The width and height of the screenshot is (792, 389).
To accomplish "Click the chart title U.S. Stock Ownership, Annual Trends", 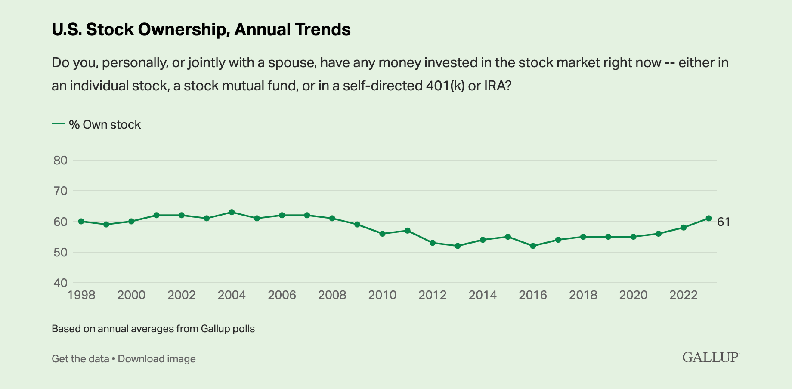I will (201, 30).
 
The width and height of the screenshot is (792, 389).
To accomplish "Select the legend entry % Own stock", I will (105, 125).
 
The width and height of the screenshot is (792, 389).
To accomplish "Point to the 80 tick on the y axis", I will (60, 161).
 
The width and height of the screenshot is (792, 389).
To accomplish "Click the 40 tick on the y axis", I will (60, 283).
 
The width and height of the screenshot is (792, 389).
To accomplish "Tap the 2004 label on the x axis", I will (232, 295).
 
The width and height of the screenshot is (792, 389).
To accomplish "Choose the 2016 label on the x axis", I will (533, 295).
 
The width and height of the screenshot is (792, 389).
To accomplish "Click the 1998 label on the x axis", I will (81, 295).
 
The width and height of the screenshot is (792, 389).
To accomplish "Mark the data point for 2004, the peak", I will (232, 212).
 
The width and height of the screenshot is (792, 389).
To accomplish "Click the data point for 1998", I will (81, 221).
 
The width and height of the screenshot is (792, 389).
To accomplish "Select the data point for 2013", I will (458, 246).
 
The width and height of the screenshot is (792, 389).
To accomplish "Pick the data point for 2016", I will (533, 246).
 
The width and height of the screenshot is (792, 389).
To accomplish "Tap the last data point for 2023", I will (708, 218).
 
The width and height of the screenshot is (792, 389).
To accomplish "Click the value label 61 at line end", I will (724, 222).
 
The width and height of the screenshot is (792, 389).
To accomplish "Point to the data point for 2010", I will (382, 234).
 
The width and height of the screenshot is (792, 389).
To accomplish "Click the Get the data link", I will (80, 359).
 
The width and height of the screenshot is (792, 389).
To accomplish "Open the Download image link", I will (157, 359).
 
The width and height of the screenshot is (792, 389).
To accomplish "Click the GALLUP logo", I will (711, 357).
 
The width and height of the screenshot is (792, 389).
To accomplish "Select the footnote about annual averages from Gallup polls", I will (153, 329).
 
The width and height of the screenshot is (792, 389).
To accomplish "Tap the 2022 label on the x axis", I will (684, 295).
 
